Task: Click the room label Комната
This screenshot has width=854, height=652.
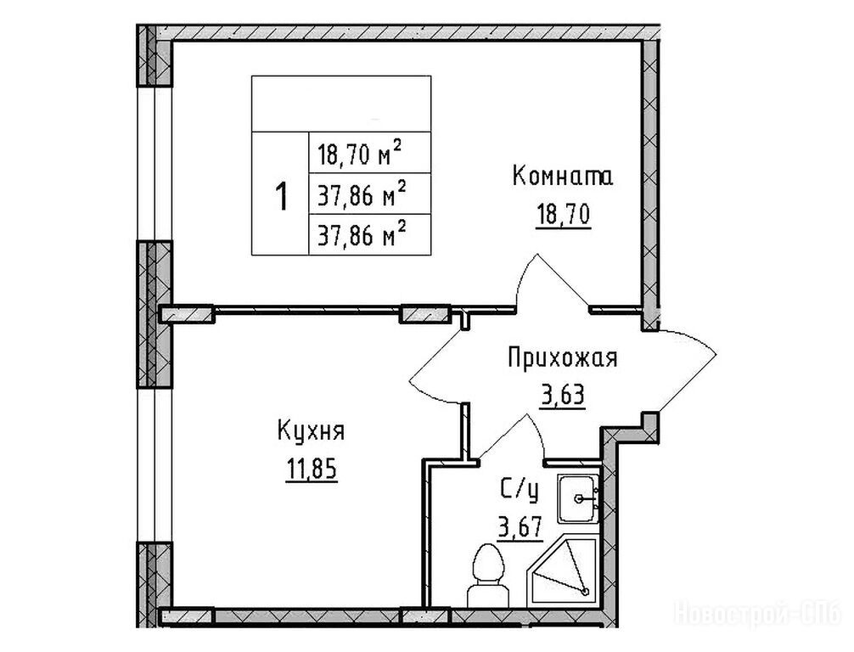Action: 563,177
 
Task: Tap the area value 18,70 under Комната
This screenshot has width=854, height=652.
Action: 563,214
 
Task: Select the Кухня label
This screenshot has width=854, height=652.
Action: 311,431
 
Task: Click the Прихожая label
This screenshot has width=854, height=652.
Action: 563,359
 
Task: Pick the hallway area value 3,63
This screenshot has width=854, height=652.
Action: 563,395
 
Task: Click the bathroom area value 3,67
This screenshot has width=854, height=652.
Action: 520,527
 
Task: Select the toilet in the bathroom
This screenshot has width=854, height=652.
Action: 488,576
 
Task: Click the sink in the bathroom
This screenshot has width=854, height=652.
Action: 578,498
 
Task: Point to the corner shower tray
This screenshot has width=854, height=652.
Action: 563,570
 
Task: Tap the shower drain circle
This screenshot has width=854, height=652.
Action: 586,592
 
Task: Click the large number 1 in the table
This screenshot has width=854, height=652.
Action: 281,197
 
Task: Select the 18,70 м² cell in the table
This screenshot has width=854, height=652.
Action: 370,153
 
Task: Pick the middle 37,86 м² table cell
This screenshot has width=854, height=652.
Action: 370,194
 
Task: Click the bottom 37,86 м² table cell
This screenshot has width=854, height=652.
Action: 370,234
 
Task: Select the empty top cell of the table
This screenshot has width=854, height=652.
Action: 341,104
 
